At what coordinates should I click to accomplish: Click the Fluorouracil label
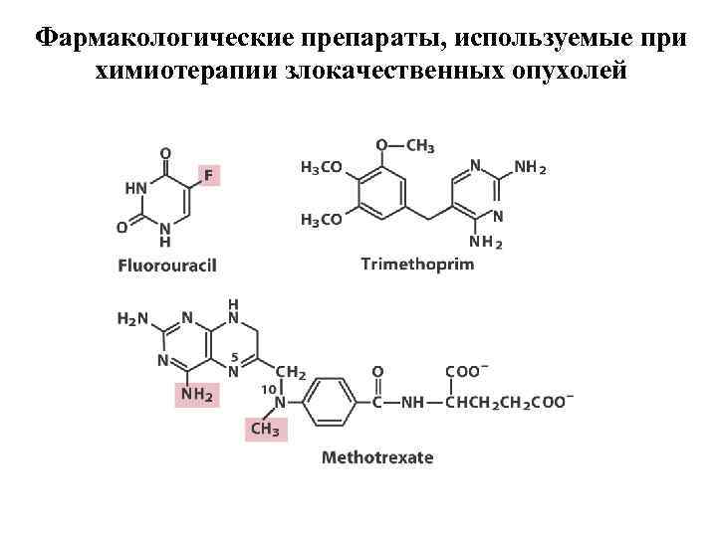[x=167, y=266]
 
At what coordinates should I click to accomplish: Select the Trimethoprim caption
[x=417, y=265]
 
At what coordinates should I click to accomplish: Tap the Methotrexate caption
[x=377, y=457]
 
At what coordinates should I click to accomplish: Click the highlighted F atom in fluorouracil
[x=209, y=175]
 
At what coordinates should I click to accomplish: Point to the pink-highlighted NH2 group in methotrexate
[x=196, y=395]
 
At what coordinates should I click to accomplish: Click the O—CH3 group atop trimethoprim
[x=404, y=146]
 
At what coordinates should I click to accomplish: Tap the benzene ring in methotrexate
[x=329, y=402]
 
